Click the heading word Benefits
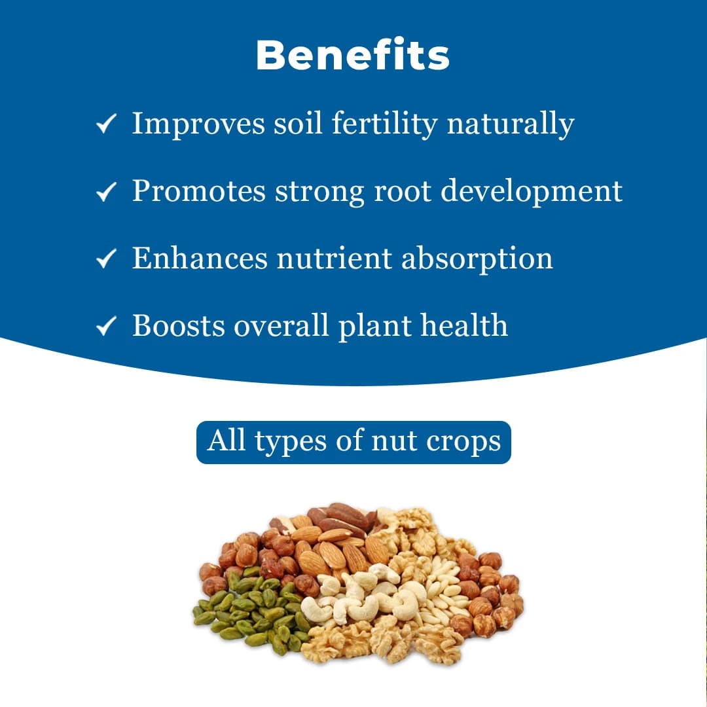pos(353,56)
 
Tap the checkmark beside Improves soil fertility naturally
pos(106,123)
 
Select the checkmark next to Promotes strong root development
pos(106,191)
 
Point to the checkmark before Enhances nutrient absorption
pos(106,259)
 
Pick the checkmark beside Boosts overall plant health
pos(106,326)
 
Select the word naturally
pos(511,124)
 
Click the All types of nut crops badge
pos(353,442)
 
